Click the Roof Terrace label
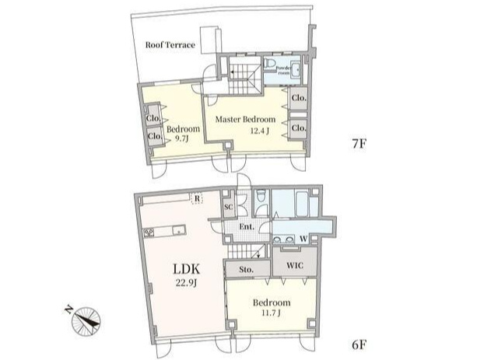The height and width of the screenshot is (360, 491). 170,45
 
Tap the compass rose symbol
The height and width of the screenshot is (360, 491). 86,322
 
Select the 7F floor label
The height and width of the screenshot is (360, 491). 359,144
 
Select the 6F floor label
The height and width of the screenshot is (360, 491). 359,344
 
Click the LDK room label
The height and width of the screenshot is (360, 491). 187,269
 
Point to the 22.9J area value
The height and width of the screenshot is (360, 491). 186,283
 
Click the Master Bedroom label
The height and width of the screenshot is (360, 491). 246,119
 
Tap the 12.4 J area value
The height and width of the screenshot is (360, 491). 260,131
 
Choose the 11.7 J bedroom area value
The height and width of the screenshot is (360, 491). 271,312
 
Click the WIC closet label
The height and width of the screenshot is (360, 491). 295,266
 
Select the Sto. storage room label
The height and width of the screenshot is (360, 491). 246,269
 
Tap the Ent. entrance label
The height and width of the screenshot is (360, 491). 247,226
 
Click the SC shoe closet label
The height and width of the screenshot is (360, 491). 229,207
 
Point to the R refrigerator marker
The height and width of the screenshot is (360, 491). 197,198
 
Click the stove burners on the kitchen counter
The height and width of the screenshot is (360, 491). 149,232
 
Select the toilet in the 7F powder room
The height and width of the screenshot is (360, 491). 268,63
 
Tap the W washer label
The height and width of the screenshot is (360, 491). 303,239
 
